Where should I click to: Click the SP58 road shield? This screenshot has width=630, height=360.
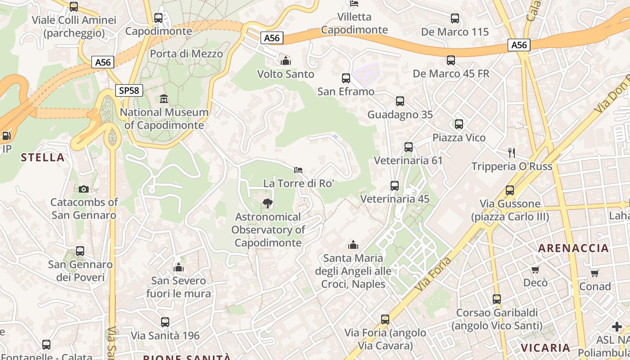[x=129, y=90]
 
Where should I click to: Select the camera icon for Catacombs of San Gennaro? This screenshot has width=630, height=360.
[x=83, y=189]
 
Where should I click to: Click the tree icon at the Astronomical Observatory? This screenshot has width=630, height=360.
[x=268, y=203]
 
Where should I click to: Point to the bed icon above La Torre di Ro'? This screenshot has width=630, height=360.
[x=298, y=170]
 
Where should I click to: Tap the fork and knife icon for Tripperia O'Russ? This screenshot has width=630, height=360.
[x=512, y=153]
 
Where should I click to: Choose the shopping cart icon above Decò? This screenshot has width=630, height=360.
[x=535, y=270]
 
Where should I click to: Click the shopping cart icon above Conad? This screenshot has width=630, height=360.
[x=595, y=273]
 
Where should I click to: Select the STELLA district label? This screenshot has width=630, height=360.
[x=43, y=157]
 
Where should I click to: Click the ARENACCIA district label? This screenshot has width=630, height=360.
[x=573, y=248]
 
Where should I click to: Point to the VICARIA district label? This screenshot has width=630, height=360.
[x=545, y=347]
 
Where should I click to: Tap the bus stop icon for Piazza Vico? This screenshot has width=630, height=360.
[x=459, y=124]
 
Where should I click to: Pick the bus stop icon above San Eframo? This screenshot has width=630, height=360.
[x=346, y=78]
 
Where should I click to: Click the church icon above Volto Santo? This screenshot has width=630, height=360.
[x=285, y=61]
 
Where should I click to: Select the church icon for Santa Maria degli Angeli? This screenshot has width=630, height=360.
[x=353, y=245]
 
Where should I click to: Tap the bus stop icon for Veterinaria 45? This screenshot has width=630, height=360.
[x=395, y=185]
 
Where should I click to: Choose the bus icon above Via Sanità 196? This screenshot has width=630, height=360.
[x=165, y=322]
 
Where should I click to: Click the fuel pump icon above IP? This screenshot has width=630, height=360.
[x=6, y=135]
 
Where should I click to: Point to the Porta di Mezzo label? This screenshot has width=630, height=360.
[x=186, y=54]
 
